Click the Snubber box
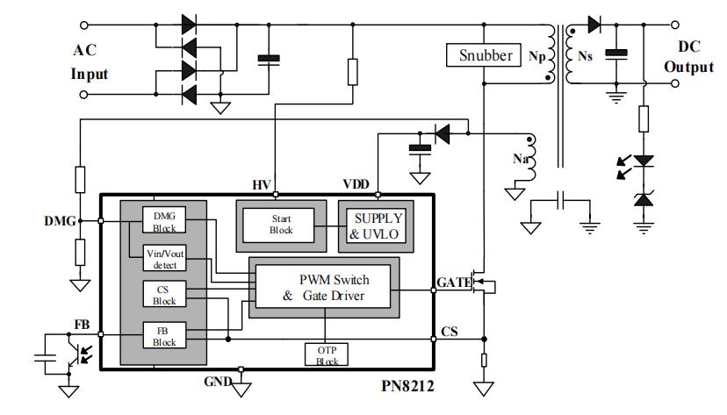pyautogui.click(x=486, y=54)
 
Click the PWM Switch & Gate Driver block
pyautogui.click(x=325, y=287)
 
